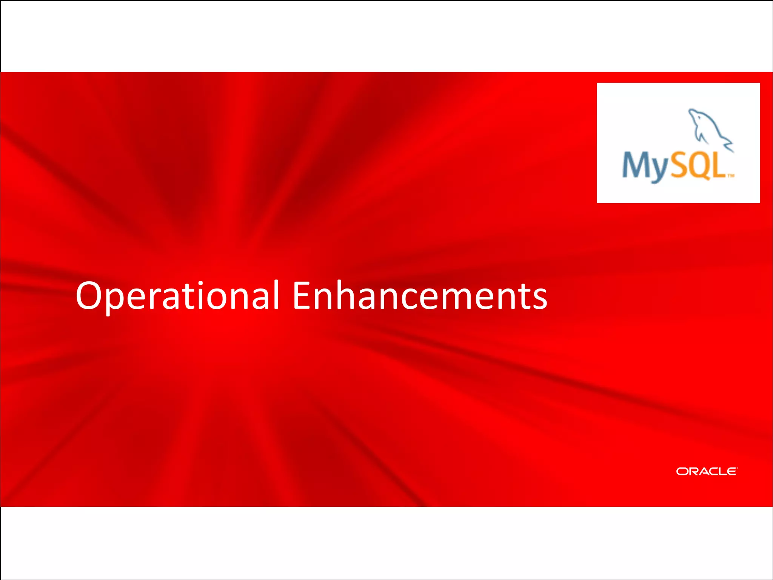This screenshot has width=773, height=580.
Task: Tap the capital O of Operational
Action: [91, 296]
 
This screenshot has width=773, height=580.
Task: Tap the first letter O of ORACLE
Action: [682, 471]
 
